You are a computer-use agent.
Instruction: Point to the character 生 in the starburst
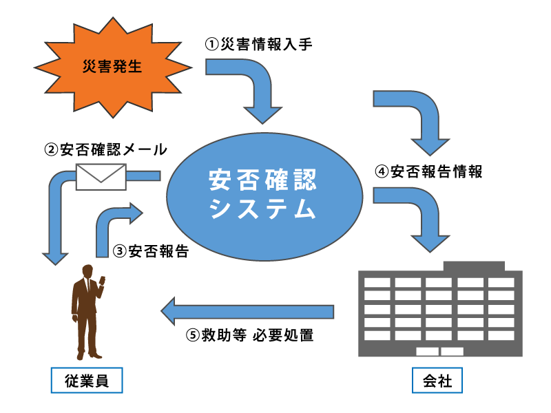pos(135,68)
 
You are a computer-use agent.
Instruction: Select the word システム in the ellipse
pos(264,209)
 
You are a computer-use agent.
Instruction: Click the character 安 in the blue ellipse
pos(220,180)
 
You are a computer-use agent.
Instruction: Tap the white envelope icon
pos(101,176)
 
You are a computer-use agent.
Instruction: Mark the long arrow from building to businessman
pos(248,311)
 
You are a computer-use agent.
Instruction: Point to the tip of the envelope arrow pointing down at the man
pos(54,260)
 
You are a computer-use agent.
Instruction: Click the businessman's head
pos(87,271)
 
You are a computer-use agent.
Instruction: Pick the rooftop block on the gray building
pos(473,266)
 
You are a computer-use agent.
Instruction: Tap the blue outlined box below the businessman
pos(87,380)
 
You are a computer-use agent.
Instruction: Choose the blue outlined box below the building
pos(437,380)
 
